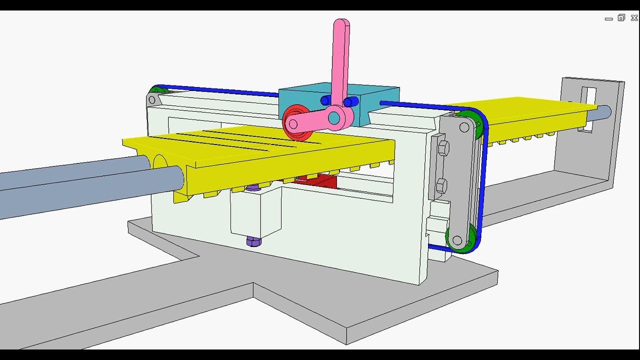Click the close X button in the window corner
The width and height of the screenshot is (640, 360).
[x=634, y=18]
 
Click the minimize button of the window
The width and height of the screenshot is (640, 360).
[x=608, y=19]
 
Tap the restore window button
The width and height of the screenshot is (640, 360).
[x=621, y=18]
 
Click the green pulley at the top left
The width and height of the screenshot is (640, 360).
[x=158, y=91]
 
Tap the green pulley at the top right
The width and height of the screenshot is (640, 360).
[x=472, y=123]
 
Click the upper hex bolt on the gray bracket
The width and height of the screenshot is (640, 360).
[x=443, y=148]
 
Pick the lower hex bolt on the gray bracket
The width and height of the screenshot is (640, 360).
[x=441, y=186]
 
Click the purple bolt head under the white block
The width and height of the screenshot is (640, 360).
[x=253, y=242]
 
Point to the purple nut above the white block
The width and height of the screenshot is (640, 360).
[x=253, y=188]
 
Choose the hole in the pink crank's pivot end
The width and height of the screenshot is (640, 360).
[x=334, y=118]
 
